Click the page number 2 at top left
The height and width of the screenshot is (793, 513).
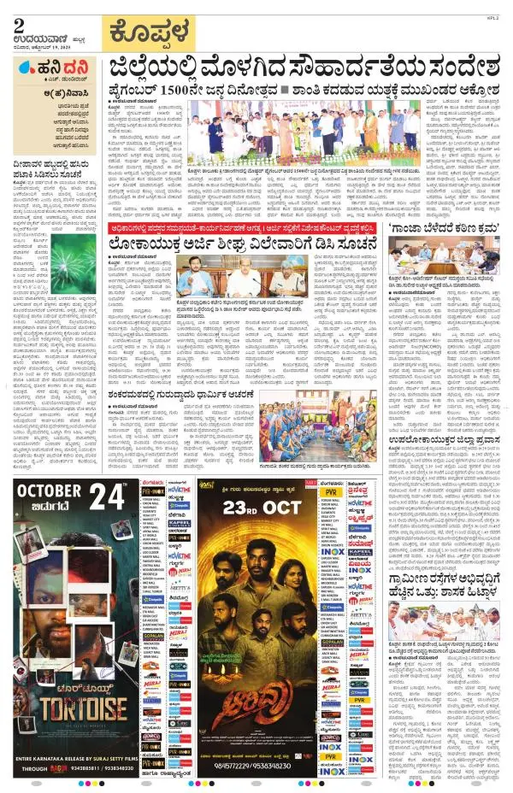[x=19, y=26]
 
